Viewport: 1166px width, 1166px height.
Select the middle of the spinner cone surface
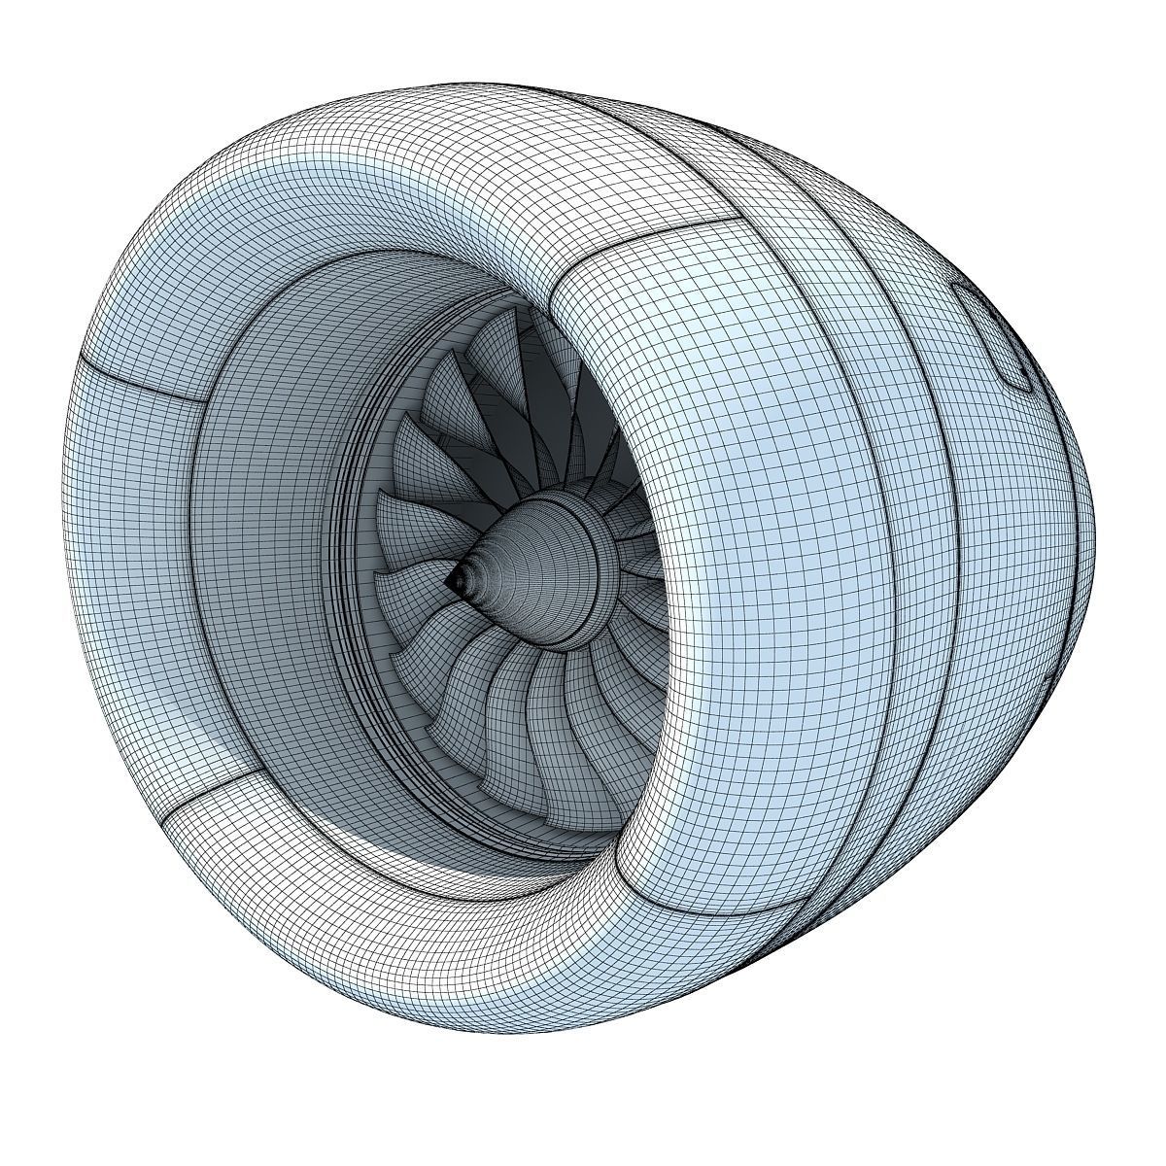pyautogui.click(x=515, y=564)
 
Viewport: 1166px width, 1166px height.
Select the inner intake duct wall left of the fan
pyautogui.click(x=272, y=583)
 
